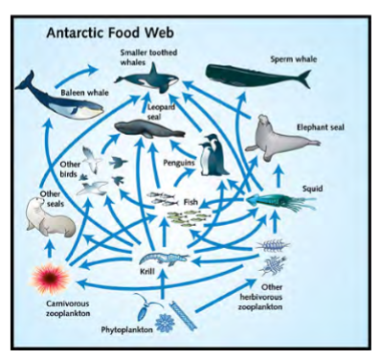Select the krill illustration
[x=159, y=259]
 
